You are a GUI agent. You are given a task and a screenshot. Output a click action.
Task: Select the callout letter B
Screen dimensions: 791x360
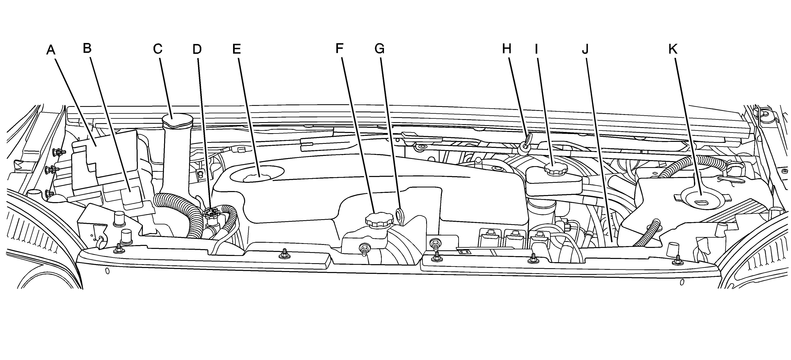coord(88,48)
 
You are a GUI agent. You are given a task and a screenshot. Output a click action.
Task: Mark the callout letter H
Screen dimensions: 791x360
coord(507,48)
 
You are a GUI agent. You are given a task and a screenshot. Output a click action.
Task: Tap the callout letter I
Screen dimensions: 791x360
coord(536,48)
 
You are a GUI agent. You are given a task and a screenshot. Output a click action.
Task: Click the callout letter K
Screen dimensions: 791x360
coord(673,48)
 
